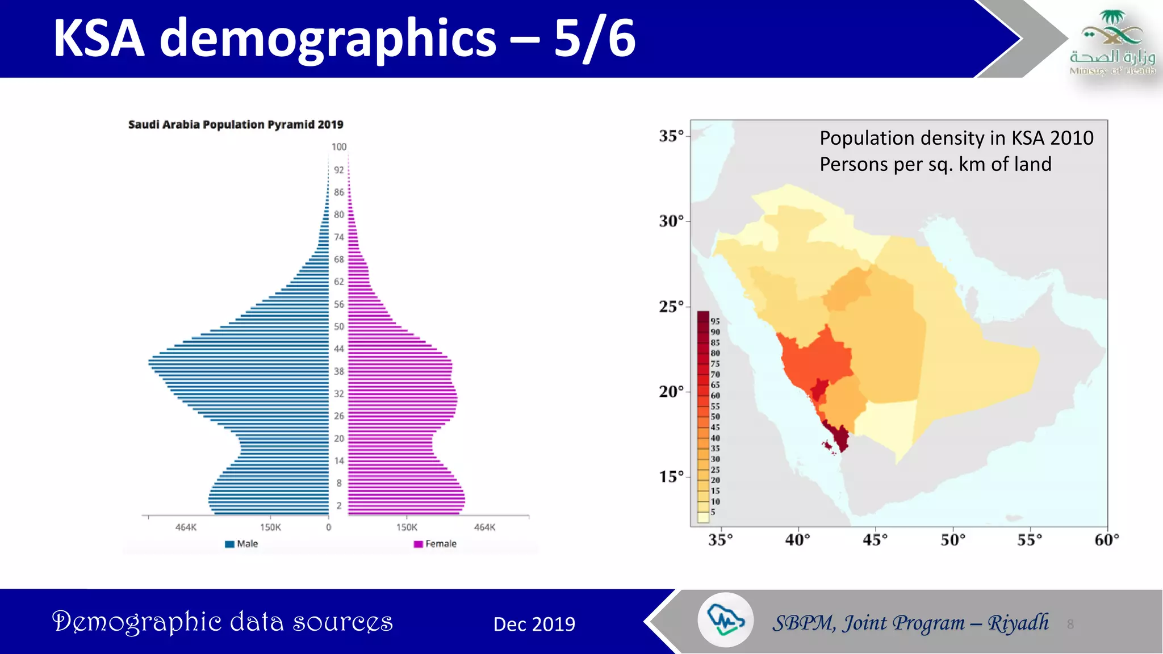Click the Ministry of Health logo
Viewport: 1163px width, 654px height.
point(1112,43)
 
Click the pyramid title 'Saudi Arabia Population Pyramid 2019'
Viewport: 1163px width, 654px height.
point(236,124)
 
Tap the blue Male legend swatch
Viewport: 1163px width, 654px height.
point(229,544)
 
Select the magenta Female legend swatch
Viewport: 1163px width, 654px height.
point(419,544)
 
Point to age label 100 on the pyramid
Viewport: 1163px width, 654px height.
point(339,147)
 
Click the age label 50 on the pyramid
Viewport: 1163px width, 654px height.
point(339,326)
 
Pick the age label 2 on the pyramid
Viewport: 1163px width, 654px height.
point(339,505)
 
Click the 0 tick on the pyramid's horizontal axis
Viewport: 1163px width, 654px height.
point(328,527)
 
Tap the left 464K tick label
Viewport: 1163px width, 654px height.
point(186,527)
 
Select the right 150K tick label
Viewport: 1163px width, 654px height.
point(407,527)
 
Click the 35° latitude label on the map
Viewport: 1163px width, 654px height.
point(671,136)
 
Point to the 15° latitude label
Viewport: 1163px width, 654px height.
point(671,477)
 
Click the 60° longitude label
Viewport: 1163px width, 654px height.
point(1107,539)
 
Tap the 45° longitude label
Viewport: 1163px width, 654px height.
point(875,539)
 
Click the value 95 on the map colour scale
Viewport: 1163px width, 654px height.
point(715,321)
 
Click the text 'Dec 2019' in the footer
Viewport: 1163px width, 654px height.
point(534,624)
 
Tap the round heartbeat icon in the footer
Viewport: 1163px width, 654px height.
point(725,620)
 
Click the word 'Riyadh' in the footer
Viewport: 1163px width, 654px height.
point(1018,623)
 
